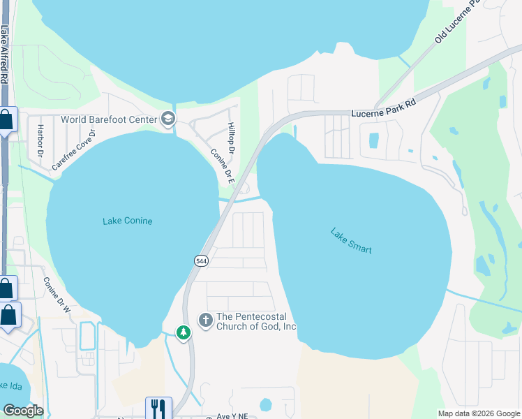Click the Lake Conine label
coord(127,221)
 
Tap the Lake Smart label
coord(350,240)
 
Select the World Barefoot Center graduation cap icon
coord(167,119)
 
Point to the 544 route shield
coord(201,260)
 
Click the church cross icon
coord(205,321)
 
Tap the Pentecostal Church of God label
coord(257,321)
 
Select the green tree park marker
coord(184,333)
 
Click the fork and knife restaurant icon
coord(158,407)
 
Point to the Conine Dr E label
coord(221,166)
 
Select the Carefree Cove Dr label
coord(73,149)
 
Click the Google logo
coord(23,410)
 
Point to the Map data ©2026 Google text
coord(478,413)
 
